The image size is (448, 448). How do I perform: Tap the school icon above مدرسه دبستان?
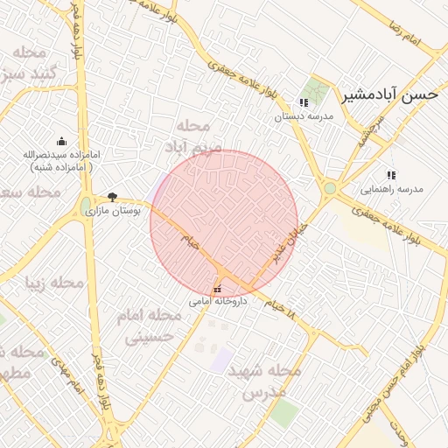point(304,102)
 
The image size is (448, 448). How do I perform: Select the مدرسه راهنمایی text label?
point(392,189)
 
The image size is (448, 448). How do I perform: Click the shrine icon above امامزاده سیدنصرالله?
point(61,141)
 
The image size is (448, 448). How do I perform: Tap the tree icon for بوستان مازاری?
point(112,197)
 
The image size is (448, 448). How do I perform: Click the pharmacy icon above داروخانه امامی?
point(217,289)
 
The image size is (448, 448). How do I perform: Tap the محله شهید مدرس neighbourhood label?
point(264,381)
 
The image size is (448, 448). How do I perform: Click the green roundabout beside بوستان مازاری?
point(86,206)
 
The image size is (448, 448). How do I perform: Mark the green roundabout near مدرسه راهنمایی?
point(330,187)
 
